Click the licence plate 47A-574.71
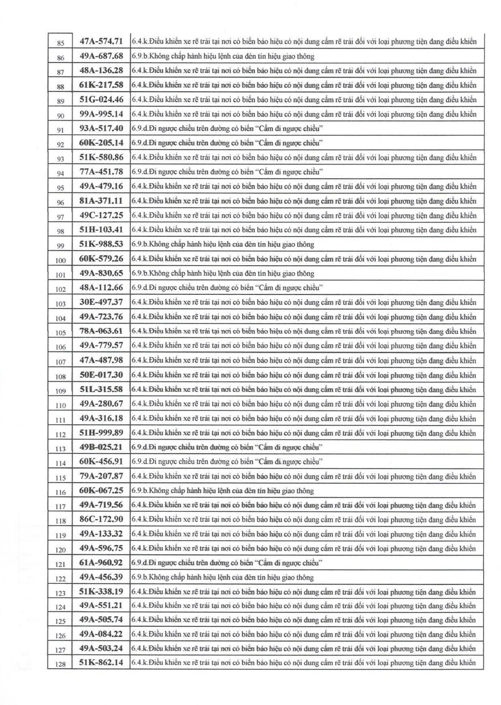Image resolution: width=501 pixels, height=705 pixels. (101, 41)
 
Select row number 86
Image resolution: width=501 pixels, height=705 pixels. (60, 58)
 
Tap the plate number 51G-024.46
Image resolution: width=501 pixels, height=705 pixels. (101, 100)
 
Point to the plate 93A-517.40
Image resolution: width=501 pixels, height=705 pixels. (101, 128)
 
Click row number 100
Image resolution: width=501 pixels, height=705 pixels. (60, 260)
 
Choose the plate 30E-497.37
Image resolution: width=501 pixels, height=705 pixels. (101, 302)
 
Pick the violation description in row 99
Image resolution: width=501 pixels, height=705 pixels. (223, 244)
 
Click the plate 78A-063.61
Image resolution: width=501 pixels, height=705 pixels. (101, 331)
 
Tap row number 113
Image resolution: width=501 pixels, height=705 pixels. (60, 449)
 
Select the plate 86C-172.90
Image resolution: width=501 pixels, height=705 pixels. (101, 519)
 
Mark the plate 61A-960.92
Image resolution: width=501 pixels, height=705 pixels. (101, 563)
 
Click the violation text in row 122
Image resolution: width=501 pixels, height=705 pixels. (223, 577)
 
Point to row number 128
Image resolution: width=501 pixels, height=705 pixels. (60, 664)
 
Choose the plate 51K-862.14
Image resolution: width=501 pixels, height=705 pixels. (101, 662)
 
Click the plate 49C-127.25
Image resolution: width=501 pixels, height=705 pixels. (101, 215)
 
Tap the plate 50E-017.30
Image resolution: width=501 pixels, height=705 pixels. (101, 375)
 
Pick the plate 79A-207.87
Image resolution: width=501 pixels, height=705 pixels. (101, 476)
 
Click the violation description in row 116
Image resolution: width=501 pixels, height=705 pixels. (223, 491)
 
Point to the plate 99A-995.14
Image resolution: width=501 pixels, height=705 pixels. (101, 114)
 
